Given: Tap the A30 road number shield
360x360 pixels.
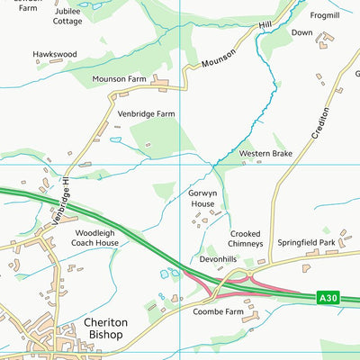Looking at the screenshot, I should click(x=329, y=296).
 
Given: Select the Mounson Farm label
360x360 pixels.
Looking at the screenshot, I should click(x=119, y=79).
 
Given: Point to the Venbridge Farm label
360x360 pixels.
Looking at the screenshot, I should click(x=146, y=114).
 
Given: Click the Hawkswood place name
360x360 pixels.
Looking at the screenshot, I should click(x=55, y=54).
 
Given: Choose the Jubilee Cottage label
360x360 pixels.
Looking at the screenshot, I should click(x=67, y=14).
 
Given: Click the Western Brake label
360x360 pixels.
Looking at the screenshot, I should click(x=265, y=154).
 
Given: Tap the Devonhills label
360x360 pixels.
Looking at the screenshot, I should click(x=217, y=259).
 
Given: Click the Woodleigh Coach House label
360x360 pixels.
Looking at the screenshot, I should click(x=95, y=238).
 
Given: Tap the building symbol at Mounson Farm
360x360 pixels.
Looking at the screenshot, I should click(x=162, y=84).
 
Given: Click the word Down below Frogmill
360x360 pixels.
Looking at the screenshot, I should click(x=301, y=32).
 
